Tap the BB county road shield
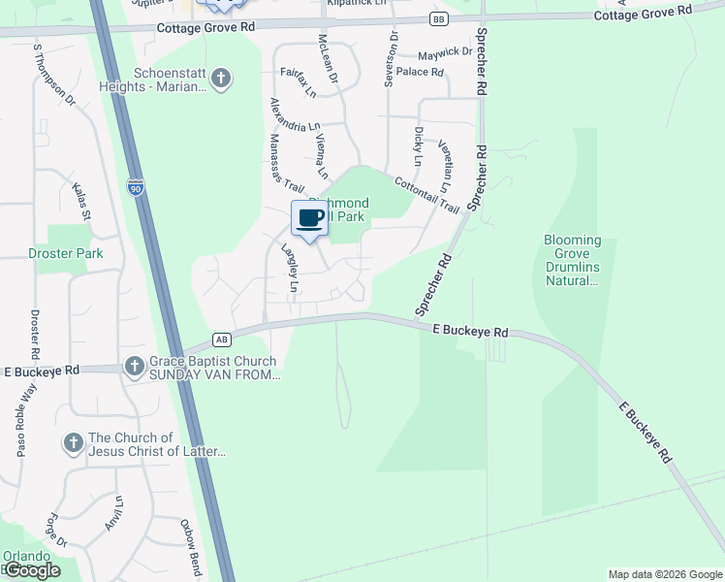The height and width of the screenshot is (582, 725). tap(439, 18)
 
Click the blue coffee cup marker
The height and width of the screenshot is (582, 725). tap(310, 217)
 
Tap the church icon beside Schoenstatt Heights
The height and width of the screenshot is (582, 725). tap(221, 79)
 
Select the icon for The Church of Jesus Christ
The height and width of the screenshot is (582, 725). tap(73, 444)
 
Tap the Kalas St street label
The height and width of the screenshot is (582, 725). tap(79, 201)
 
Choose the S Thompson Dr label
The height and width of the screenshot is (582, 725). tap(54, 73)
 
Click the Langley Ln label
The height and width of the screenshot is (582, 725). tap(290, 268)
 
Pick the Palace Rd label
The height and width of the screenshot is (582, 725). tap(420, 72)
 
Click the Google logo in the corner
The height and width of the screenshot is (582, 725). tap(32, 570)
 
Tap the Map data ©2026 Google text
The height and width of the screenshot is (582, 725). tap(664, 574)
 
